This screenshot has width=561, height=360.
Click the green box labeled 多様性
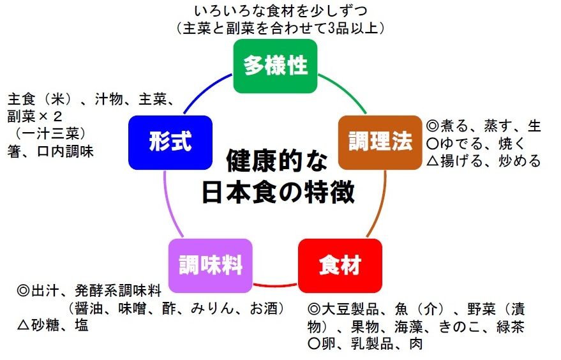(x=275, y=66)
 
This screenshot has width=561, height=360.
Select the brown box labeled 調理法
(x=380, y=142)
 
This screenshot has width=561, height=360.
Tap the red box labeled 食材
(x=340, y=265)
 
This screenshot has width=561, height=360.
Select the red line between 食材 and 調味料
(x=276, y=283)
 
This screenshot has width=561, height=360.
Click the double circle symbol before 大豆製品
(x=313, y=310)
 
